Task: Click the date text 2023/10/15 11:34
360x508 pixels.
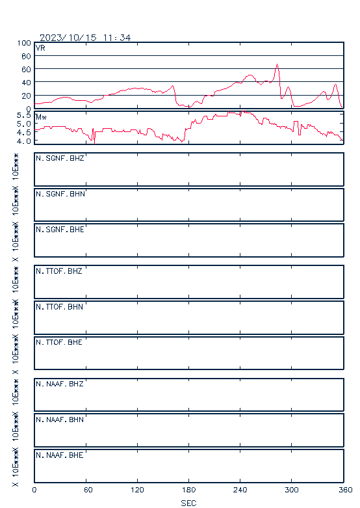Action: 85,38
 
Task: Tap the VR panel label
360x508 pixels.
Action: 40,48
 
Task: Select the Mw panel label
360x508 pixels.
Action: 41,117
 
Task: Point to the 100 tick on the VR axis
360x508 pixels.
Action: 24,43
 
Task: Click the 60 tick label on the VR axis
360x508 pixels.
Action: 26,70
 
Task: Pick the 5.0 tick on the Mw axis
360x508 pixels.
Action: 24,124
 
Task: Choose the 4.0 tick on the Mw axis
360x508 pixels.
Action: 24,141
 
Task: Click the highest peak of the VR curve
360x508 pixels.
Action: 277,64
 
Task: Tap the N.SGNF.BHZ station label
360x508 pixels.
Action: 60,158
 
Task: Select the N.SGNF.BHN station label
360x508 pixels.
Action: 60,194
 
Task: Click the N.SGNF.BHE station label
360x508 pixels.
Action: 60,230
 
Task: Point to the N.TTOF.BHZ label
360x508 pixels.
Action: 59,271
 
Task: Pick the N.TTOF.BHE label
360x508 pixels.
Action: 59,342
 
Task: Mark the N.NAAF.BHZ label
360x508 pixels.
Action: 60,384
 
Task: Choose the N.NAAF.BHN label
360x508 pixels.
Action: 60,420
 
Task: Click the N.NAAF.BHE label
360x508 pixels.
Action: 60,455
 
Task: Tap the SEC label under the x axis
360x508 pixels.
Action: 188,503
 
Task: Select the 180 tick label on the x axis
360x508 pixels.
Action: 188,490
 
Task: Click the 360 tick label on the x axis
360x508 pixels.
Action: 346,490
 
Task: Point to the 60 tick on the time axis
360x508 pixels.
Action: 88,490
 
